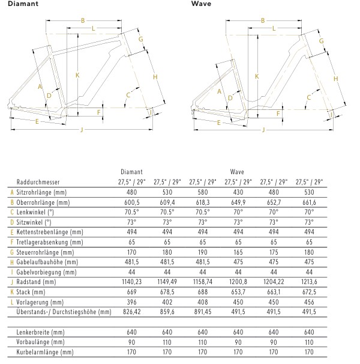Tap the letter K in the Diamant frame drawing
[x=77, y=75]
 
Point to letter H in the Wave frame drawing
[x=335, y=79]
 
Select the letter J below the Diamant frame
[x=81, y=129]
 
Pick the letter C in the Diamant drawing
[x=128, y=94]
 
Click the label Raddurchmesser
[x=38, y=181]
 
